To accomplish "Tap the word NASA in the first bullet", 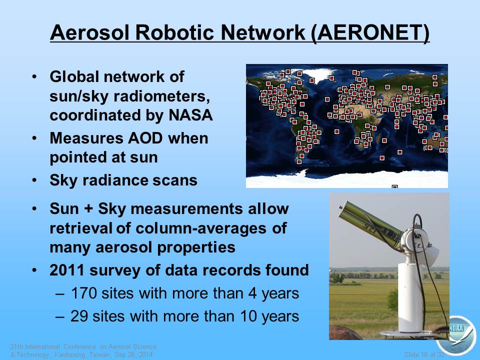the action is click(x=190, y=115).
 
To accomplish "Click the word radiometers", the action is click(x=161, y=96).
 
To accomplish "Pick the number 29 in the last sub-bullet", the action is click(x=79, y=316).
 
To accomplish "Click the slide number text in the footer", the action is click(x=424, y=354).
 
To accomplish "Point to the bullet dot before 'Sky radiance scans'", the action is click(x=34, y=180).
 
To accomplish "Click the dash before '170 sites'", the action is click(x=60, y=294).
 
